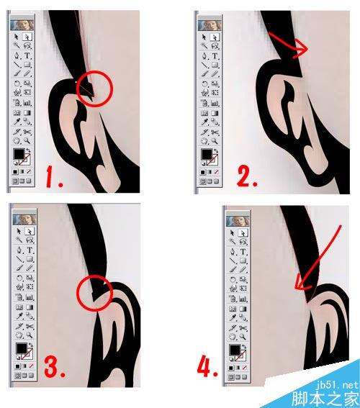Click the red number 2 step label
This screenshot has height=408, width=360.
247,176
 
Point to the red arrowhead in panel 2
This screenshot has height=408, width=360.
302,50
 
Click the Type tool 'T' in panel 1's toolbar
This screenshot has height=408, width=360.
27,55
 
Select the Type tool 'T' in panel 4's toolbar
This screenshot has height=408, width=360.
243,252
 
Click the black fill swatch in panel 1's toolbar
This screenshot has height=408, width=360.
19,154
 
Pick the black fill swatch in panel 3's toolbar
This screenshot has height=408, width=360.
22,348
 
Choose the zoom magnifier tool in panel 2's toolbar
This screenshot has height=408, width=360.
215,141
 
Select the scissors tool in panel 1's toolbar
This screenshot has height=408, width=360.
27,132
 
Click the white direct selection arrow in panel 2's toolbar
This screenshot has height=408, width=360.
215,37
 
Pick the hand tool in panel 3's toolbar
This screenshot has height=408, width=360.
19,335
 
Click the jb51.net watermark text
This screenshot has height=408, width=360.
338,384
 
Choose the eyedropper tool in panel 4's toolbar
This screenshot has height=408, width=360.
233,317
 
